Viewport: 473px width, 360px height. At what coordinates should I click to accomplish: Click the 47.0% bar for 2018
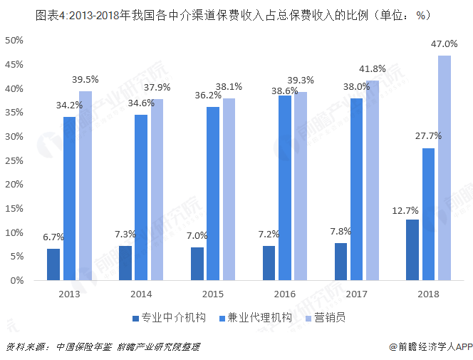click(445, 168)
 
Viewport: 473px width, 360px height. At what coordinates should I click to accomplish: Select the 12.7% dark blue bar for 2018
click(412, 250)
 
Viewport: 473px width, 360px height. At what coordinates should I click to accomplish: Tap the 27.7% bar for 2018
click(428, 214)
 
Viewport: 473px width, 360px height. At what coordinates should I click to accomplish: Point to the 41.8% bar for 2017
click(373, 180)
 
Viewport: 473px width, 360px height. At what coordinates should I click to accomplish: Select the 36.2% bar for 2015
click(213, 193)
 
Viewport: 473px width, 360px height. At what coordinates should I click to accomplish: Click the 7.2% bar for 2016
click(269, 263)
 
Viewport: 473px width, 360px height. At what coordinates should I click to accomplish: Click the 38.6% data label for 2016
click(286, 91)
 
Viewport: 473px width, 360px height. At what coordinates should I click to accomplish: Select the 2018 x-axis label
click(428, 293)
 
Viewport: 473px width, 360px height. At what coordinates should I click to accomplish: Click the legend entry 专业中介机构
click(169, 318)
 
